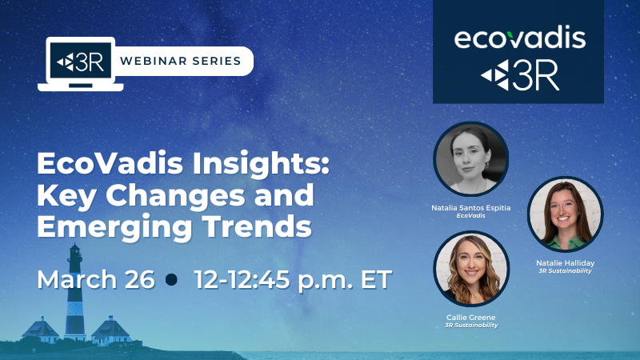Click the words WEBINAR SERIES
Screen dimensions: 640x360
(181, 61)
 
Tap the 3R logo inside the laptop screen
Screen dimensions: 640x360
(81, 62)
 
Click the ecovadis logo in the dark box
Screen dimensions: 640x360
(519, 37)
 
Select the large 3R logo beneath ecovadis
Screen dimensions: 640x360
(519, 75)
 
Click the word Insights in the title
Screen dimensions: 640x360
(261, 163)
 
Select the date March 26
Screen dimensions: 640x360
(96, 279)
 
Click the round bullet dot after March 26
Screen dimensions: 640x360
(172, 279)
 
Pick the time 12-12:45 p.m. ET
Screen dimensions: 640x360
(293, 280)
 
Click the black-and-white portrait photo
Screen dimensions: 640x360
(470, 158)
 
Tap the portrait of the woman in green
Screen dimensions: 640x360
(565, 214)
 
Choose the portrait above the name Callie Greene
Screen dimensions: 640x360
(471, 269)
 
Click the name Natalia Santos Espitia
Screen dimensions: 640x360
(471, 208)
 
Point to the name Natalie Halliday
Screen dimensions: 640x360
(566, 263)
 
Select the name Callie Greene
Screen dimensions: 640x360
(471, 317)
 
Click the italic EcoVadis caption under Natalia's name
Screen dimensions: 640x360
(470, 215)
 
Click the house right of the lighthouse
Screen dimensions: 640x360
(110, 330)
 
